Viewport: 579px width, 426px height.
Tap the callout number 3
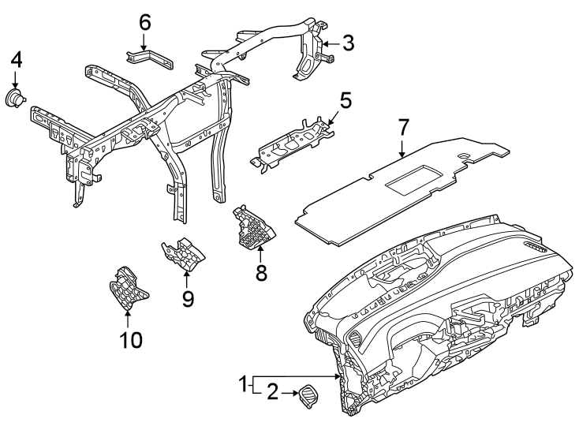tap(348, 43)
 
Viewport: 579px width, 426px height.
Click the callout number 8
tap(261, 274)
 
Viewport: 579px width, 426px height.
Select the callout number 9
tap(188, 299)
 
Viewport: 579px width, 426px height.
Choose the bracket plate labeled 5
tap(292, 142)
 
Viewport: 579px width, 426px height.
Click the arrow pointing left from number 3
tap(331, 43)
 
